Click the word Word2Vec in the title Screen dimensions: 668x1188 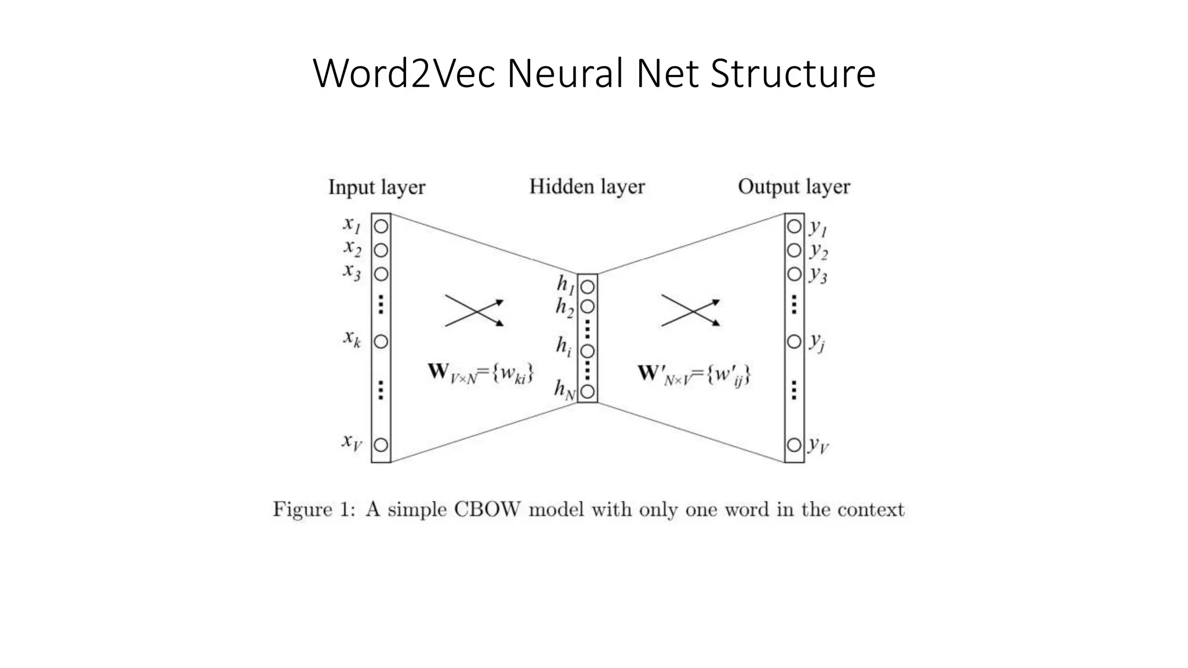click(404, 74)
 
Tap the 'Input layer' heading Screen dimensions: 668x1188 click(376, 187)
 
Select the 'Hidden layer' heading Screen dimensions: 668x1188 click(586, 187)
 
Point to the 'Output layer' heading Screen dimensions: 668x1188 click(794, 187)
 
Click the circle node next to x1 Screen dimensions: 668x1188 click(381, 226)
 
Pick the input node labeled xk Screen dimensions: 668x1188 click(381, 342)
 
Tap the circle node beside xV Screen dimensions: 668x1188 click(381, 445)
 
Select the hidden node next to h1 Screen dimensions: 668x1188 click(588, 287)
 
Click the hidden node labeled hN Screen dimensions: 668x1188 click(588, 391)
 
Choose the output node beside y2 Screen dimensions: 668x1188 click(794, 250)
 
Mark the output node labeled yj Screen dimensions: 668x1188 click(794, 342)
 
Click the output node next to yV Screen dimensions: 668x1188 click(794, 445)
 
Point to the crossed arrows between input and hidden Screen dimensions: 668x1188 click(475, 311)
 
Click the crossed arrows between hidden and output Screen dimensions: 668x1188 click(690, 311)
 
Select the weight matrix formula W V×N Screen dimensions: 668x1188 click(480, 373)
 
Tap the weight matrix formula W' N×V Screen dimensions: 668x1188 click(694, 375)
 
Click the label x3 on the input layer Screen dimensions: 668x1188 click(352, 271)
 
